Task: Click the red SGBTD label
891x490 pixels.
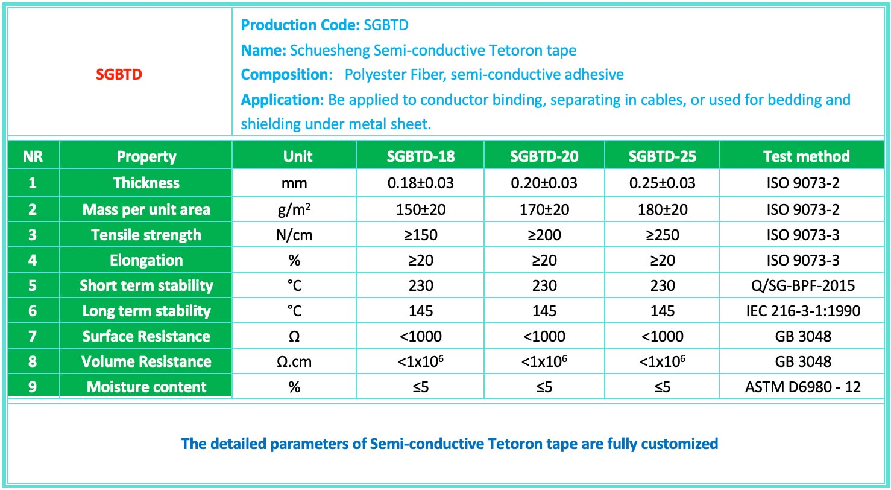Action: click(119, 74)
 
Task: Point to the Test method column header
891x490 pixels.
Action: click(806, 156)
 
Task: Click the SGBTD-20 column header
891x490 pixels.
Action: click(544, 156)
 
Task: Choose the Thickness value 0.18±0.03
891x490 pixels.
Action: click(420, 183)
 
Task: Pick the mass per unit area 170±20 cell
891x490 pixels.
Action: click(544, 209)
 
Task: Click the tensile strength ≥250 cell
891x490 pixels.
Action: click(663, 235)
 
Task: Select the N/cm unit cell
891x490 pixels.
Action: click(294, 235)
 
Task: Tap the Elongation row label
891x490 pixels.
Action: click(146, 260)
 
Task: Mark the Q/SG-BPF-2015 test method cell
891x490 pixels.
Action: click(803, 285)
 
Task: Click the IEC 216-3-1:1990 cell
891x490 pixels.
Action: click(803, 311)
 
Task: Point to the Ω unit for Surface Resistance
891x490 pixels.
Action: click(294, 336)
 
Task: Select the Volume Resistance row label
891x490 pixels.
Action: click(146, 361)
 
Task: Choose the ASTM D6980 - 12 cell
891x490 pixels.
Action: click(803, 387)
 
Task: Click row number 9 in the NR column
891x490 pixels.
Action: click(33, 387)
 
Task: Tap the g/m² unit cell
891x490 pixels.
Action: click(294, 209)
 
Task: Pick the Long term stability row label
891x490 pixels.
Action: click(146, 311)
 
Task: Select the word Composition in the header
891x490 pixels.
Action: click(284, 74)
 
